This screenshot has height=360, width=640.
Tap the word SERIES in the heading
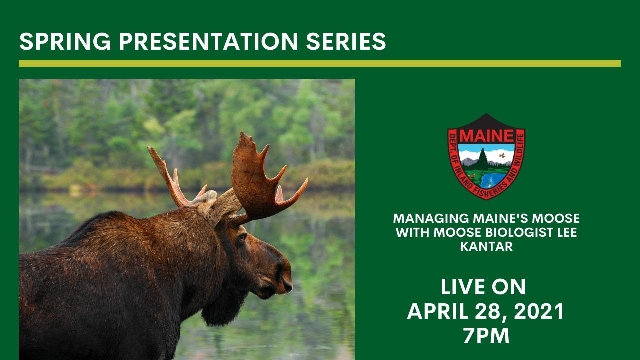(348, 42)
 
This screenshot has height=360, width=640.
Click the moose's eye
(242, 238)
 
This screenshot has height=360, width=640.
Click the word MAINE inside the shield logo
(486, 136)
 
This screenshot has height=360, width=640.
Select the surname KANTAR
(486, 247)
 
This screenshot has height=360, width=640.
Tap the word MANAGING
(431, 219)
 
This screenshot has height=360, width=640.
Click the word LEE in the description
(565, 233)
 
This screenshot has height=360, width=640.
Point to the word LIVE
(462, 287)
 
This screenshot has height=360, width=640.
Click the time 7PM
(486, 336)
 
